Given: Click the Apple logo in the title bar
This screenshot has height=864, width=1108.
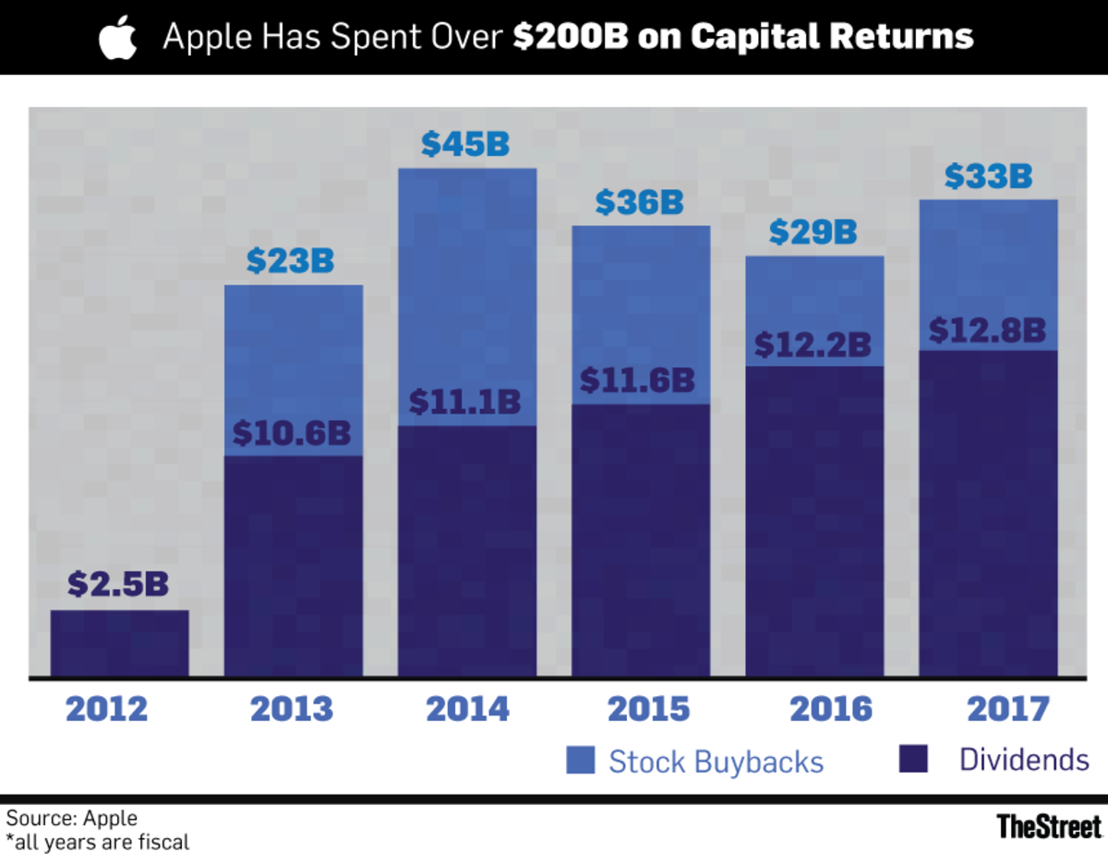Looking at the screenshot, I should [x=117, y=38].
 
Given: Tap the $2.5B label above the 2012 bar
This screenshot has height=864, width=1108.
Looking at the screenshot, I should [x=118, y=585].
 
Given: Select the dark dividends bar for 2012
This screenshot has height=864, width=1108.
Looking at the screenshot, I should [x=119, y=643].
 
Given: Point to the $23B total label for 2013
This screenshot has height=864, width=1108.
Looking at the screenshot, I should [x=291, y=261].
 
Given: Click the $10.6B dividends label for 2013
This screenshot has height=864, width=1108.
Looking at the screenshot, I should [x=293, y=433].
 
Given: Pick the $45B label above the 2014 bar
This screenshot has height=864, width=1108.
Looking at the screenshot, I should [x=466, y=145].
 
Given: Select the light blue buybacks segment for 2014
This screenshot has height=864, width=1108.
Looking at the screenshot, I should [x=467, y=295].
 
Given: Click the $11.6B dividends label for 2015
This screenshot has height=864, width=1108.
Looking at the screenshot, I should [x=638, y=380].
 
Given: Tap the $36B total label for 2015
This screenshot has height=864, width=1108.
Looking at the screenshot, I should [x=640, y=202].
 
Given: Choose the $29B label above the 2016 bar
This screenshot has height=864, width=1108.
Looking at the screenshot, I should [x=813, y=232].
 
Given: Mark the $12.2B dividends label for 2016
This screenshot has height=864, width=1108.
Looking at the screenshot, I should [x=813, y=344].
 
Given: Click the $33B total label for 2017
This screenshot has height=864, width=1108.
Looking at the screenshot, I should [x=987, y=175].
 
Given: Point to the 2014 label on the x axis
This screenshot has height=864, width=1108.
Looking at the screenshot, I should [x=467, y=709].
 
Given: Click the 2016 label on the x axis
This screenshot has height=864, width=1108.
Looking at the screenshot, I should [x=831, y=709].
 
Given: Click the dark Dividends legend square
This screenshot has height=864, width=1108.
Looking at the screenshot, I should [x=912, y=761].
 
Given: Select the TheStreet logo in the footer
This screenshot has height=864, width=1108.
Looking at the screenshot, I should [x=1049, y=825].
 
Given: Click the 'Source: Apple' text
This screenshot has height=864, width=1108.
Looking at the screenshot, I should [x=72, y=818].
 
